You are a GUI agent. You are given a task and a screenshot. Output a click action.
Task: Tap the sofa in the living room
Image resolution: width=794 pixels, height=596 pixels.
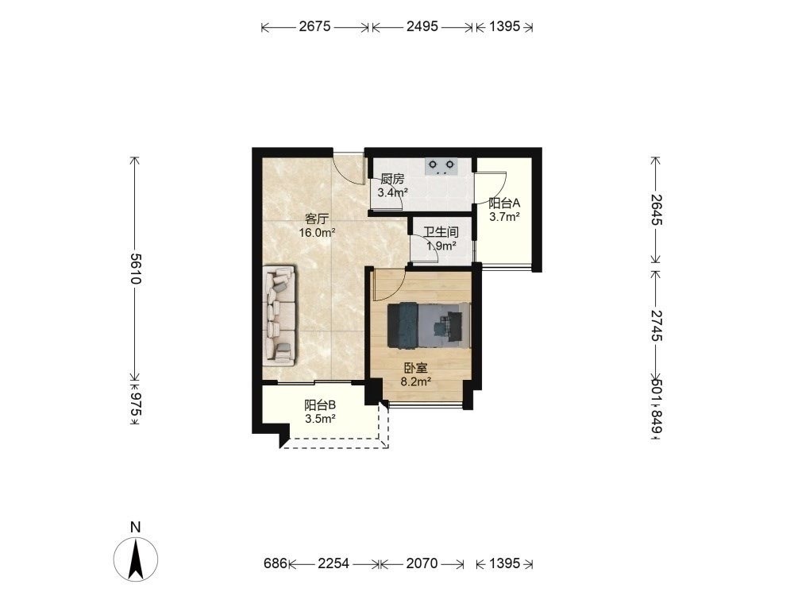click(279, 314)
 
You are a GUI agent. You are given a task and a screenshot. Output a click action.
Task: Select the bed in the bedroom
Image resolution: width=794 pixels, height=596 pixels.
click(429, 326)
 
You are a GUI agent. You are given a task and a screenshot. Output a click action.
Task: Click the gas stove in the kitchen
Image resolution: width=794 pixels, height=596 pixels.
click(441, 166)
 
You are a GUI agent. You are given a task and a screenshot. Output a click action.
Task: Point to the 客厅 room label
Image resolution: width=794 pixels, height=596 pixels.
click(317, 219)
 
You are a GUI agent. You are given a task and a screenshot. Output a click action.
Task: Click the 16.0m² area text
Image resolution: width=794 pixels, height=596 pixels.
click(318, 233)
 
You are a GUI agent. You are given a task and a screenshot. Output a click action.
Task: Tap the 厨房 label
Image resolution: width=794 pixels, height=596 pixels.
click(392, 179)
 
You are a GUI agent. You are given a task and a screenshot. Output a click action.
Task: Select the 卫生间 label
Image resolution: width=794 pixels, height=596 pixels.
click(441, 233)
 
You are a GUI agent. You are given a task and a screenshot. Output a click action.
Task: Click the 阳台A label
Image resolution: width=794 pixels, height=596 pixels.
click(504, 203)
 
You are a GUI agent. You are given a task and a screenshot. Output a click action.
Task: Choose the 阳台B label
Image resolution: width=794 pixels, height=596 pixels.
click(320, 405)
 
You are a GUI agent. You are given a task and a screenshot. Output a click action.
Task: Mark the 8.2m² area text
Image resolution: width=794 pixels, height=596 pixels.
click(416, 382)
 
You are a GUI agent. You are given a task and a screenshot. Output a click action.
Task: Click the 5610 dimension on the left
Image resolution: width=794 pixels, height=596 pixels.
click(135, 268)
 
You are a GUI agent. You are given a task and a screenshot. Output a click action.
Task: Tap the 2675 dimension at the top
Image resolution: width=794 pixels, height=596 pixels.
click(314, 26)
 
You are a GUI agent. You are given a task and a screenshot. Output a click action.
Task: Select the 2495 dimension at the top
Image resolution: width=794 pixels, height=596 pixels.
click(422, 26)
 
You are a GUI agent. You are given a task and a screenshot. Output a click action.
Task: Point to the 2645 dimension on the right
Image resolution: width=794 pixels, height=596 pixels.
click(657, 210)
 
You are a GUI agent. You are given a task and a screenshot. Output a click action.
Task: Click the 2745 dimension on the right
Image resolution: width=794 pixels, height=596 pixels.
click(657, 325)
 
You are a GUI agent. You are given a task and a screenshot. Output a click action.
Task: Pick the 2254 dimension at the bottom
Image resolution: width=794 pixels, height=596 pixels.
click(333, 563)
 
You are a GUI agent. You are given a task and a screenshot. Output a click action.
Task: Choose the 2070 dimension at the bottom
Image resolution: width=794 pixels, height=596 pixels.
click(422, 563)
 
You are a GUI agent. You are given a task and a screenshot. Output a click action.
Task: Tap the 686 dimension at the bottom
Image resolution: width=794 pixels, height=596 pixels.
click(276, 563)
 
